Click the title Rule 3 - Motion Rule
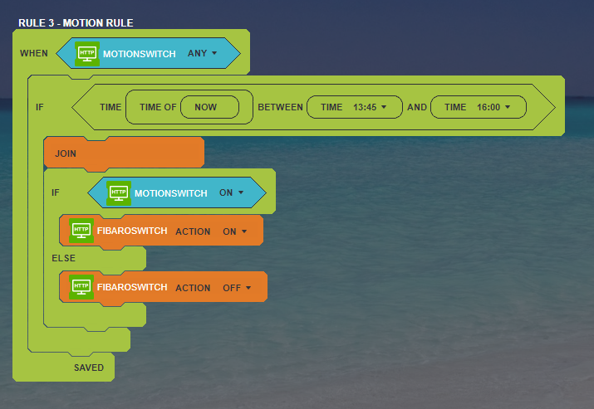pos(76,22)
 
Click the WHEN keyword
pos(34,54)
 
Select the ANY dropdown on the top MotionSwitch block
pos(202,54)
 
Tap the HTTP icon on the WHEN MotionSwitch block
pos(86,54)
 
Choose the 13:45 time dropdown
pos(370,107)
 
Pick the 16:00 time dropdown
pos(493,107)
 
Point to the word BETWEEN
pos(279,107)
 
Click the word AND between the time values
pos(416,107)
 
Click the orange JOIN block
pos(125,153)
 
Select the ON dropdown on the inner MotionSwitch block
pos(231,193)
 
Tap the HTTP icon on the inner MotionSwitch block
pos(118,193)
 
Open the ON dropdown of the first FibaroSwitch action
pos(235,231)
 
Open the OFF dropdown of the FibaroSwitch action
pos(237,288)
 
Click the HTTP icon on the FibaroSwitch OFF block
pos(81,287)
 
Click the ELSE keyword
pos(63,258)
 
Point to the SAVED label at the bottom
pos(89,368)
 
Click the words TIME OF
pos(159,107)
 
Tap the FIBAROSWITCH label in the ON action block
pos(132,231)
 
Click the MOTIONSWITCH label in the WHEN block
pos(139,54)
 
